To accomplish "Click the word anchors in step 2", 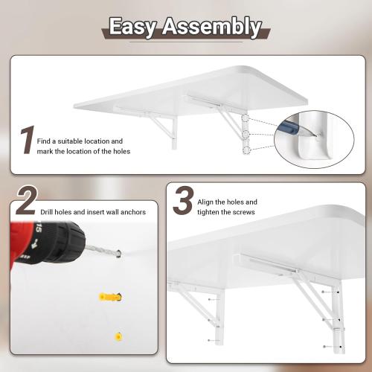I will click(132, 212).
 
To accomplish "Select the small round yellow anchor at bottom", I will click(115, 336).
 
